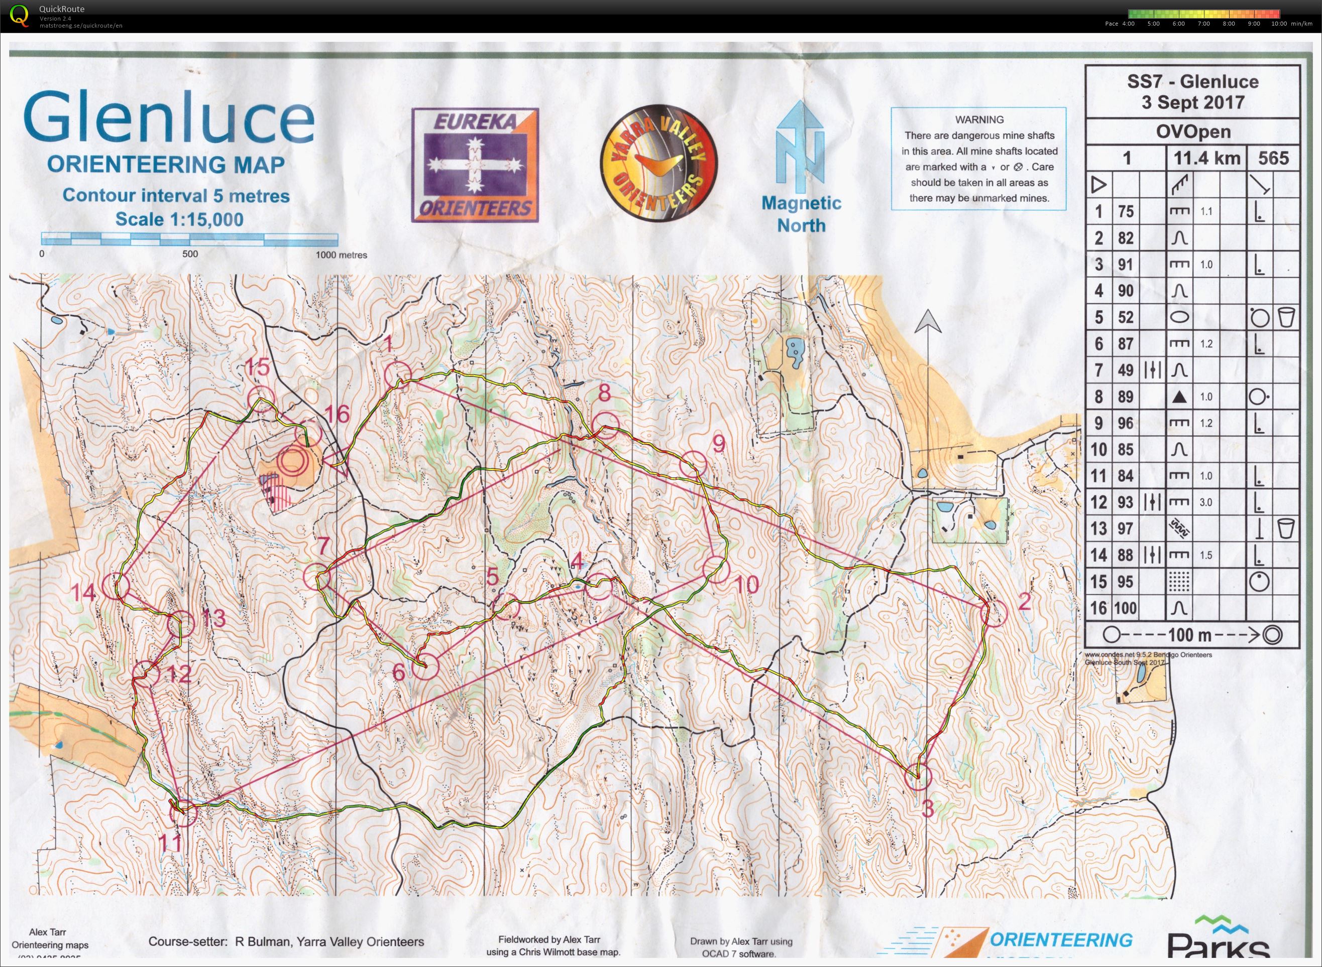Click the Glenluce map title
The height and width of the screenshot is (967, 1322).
(x=169, y=119)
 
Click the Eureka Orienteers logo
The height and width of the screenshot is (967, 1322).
(x=475, y=165)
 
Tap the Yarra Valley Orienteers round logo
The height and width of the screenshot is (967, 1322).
(x=658, y=163)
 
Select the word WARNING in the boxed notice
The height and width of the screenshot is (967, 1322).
(x=979, y=119)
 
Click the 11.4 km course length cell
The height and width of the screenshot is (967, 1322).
(x=1206, y=158)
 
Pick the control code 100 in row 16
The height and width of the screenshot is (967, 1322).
(x=1125, y=608)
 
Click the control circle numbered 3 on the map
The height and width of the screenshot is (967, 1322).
(x=918, y=777)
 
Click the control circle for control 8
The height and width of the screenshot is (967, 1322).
(x=605, y=425)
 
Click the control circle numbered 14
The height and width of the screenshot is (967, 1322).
(x=116, y=586)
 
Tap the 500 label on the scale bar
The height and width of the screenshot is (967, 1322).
(x=190, y=254)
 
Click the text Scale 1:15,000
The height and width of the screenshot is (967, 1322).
(x=179, y=219)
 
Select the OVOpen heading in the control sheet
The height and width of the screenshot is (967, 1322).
(x=1192, y=131)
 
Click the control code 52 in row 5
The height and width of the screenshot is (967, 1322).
(x=1125, y=317)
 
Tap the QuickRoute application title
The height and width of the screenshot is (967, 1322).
(x=61, y=9)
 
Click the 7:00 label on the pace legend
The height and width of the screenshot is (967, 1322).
(x=1203, y=24)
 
